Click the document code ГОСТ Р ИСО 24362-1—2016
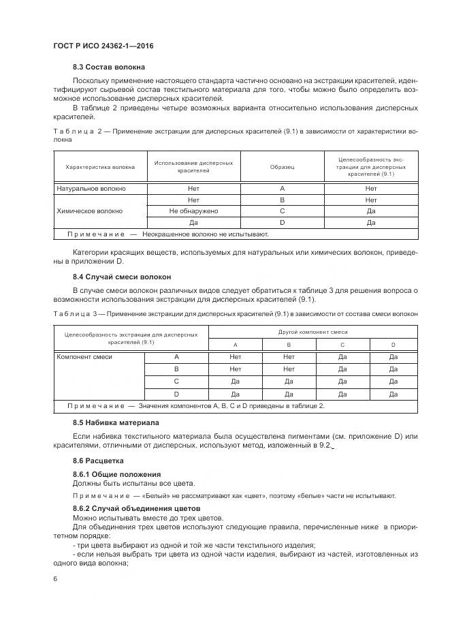pyautogui.click(x=103, y=46)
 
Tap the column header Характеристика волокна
pyautogui.click(x=100, y=167)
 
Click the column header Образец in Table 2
pyautogui.click(x=282, y=167)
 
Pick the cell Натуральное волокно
pyautogui.click(x=91, y=189)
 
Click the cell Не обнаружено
pyautogui.click(x=193, y=211)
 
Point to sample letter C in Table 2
pyautogui.click(x=282, y=211)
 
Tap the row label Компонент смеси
pyautogui.click(x=84, y=356)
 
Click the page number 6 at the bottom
pyautogui.click(x=54, y=578)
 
